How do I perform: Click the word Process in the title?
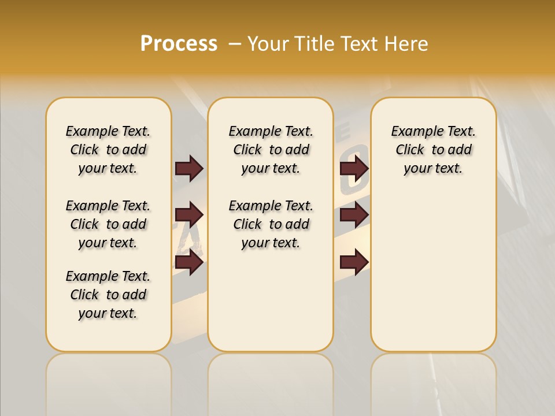tap(179, 44)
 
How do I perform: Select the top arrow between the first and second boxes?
tap(189, 169)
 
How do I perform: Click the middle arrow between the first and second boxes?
tap(189, 216)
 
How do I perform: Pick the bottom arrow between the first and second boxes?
tap(189, 262)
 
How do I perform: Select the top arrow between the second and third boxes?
tap(354, 169)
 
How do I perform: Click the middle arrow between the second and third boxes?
tap(354, 216)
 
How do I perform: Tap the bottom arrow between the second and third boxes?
tap(354, 262)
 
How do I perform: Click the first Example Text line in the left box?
tap(108, 131)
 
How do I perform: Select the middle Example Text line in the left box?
tap(108, 206)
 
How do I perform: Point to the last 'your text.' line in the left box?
tap(108, 313)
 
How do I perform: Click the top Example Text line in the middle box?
tap(271, 131)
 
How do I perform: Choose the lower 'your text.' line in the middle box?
tap(271, 243)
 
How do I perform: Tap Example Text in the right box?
tap(434, 131)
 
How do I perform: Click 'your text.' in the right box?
tap(434, 168)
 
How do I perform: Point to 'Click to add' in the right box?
tap(434, 150)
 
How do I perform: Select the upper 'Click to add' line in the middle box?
tap(271, 150)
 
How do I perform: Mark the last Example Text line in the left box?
tap(108, 276)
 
